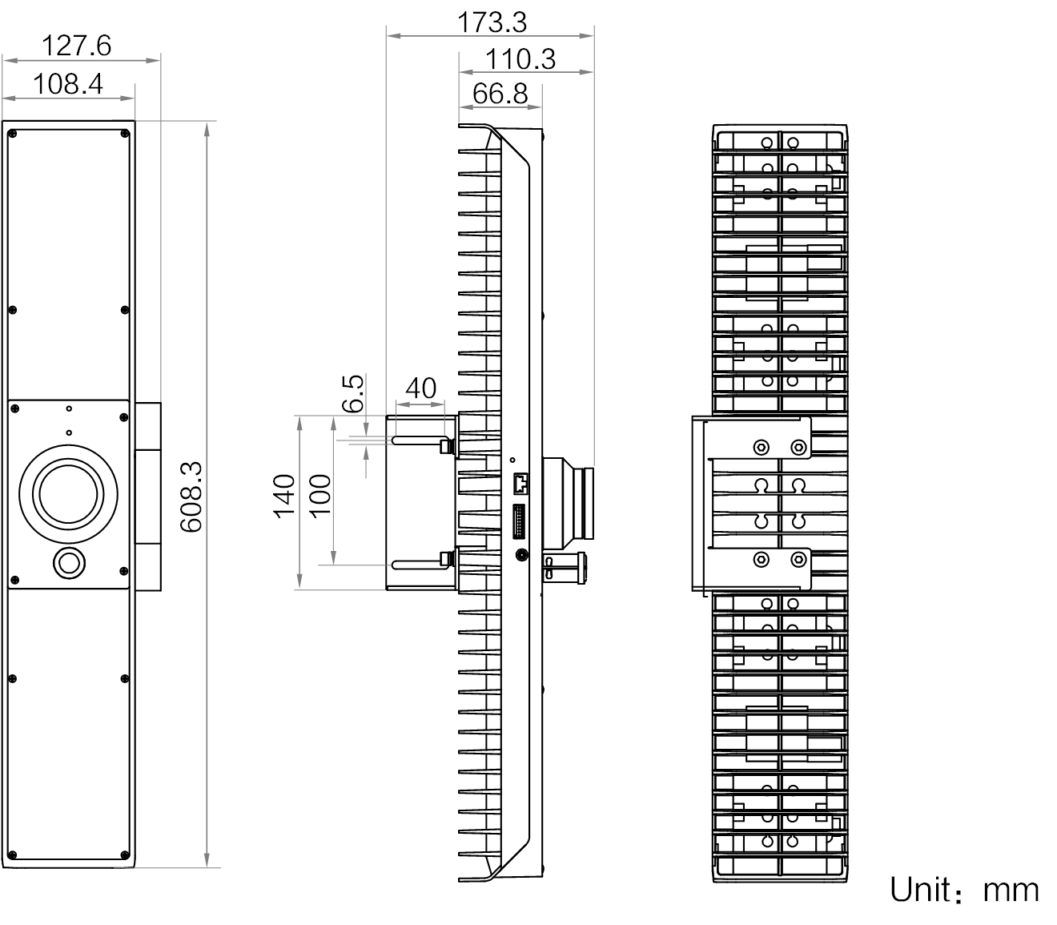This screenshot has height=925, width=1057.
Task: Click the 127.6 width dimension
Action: [x=76, y=45]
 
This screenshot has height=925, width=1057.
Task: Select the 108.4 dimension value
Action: [x=67, y=82]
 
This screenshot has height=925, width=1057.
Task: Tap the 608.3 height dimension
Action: [x=191, y=497]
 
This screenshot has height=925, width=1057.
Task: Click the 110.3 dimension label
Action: [x=520, y=58]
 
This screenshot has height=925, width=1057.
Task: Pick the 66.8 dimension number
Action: [x=500, y=94]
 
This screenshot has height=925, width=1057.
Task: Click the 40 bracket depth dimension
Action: [x=421, y=388]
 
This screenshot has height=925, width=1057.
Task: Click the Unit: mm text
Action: [x=964, y=890]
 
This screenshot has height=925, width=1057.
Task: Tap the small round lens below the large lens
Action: [x=67, y=563]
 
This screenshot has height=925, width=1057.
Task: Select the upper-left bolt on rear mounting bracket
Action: [x=761, y=446]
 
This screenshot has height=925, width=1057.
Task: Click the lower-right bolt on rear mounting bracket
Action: [x=798, y=558]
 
